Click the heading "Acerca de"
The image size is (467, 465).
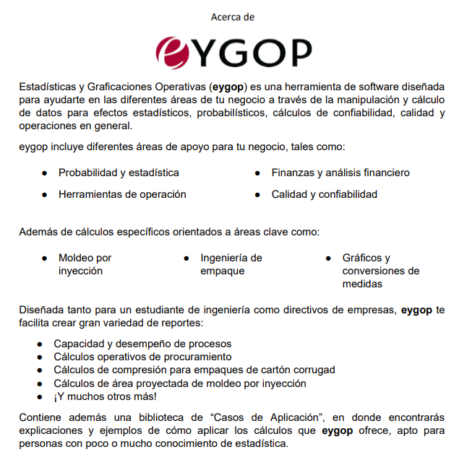233,16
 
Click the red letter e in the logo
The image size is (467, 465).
171,51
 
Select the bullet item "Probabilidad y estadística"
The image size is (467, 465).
119,173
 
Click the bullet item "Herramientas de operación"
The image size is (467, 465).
122,194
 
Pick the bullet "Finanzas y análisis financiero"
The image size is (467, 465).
340,173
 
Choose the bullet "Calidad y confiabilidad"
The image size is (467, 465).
324,194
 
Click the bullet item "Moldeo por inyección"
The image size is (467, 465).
85,264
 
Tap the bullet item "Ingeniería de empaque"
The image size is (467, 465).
231,264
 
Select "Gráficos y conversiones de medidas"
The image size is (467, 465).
380,271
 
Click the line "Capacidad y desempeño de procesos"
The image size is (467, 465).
142,344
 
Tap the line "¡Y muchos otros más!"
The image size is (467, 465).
105,396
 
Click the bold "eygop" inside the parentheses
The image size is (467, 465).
230,87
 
